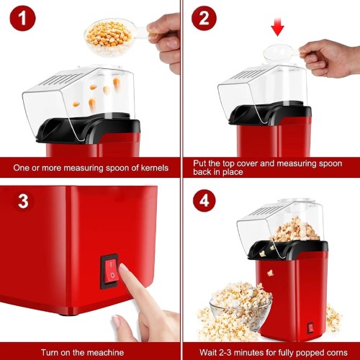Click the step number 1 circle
[22, 18]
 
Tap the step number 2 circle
[204, 18]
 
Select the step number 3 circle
[23, 201]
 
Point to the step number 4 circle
[204, 201]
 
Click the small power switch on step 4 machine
[311, 328]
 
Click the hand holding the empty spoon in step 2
[329, 58]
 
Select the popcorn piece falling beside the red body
[270, 273]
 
